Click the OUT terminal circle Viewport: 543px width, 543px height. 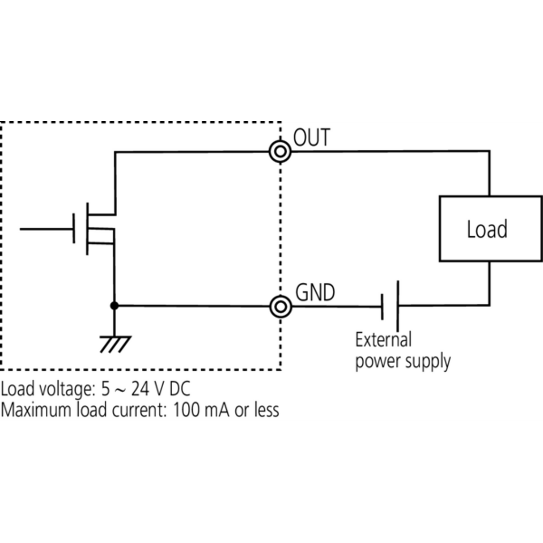280,152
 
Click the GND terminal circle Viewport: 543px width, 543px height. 281,306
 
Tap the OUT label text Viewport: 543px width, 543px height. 312,137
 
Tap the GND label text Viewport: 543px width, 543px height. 315,293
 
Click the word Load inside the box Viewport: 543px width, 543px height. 487,229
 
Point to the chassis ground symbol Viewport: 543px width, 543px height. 115,344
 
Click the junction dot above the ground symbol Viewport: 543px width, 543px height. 115,306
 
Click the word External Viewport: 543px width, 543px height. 383,339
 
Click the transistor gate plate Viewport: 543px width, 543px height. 74,229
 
